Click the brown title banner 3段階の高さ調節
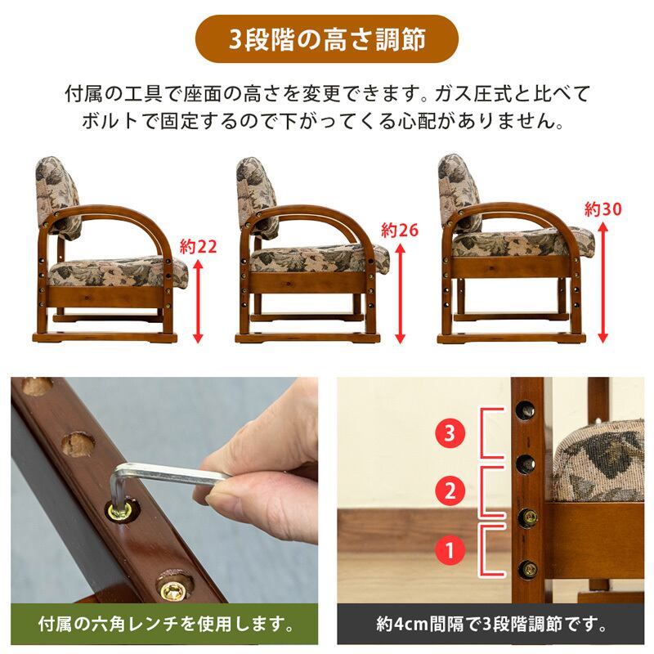pos(326,38)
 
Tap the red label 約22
pos(198,247)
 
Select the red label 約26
pos(400,231)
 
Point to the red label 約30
pos(602,209)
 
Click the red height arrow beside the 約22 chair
pos(198,301)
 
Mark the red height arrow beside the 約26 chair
pos(400,293)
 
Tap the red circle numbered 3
pos(450,433)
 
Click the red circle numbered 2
pos(450,491)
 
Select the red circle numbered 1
pos(450,550)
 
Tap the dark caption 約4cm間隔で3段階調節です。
pos(490,624)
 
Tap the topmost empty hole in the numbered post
pos(526,410)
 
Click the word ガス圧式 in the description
pos(473,94)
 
